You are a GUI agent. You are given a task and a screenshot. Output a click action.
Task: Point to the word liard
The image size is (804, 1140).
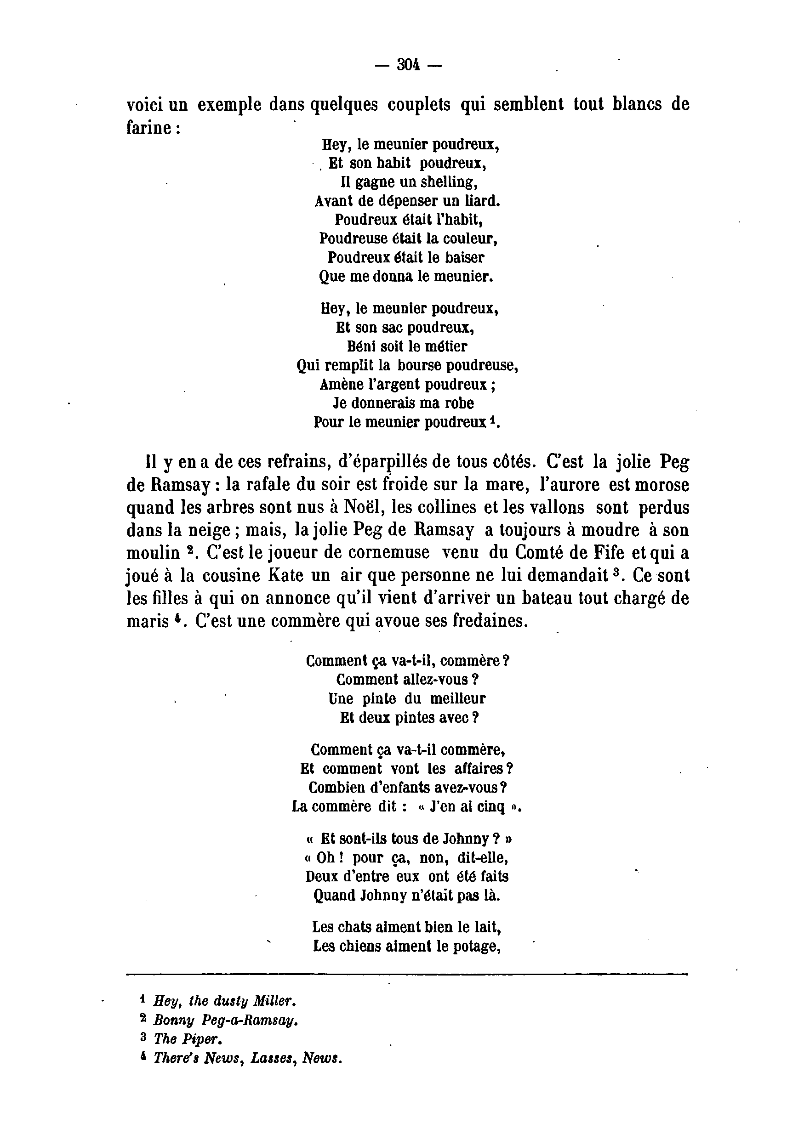[x=483, y=201]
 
